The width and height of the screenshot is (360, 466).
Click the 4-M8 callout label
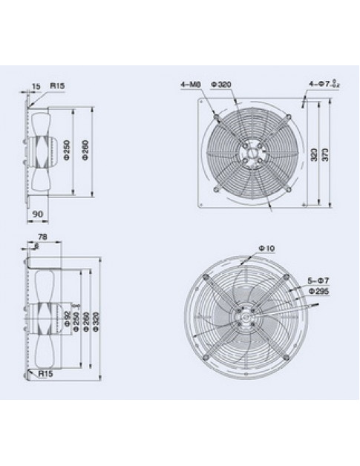[x=189, y=85]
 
